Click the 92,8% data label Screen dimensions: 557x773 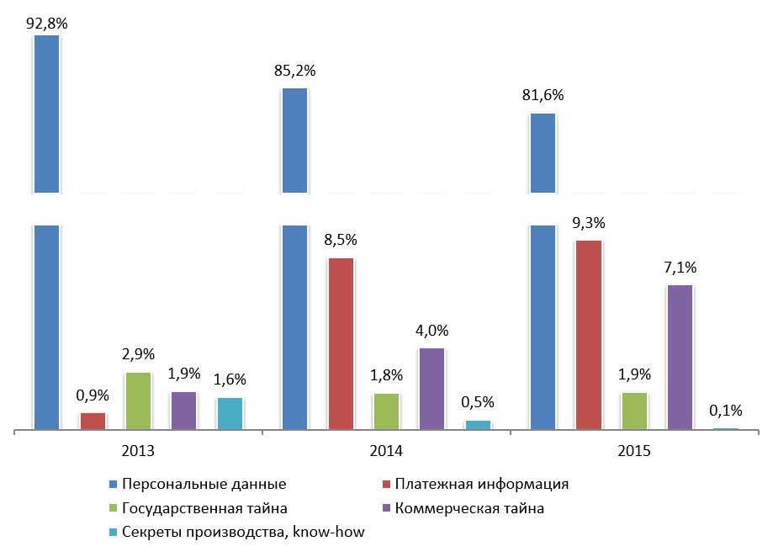(x=46, y=24)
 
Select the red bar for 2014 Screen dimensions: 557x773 (x=341, y=343)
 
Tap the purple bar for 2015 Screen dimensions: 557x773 (x=680, y=357)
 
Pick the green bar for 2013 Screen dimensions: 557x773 (x=138, y=401)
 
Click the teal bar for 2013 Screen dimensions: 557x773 (x=230, y=413)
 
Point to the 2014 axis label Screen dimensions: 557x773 (x=385, y=451)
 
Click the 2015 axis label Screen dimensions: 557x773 (x=633, y=451)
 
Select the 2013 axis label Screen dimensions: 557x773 (x=138, y=451)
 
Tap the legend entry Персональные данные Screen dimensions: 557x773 (x=204, y=485)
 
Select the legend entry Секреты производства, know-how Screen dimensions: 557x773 (x=242, y=532)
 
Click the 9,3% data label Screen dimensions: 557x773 (x=588, y=225)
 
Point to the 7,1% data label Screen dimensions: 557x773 (x=680, y=269)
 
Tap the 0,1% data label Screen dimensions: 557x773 (x=725, y=411)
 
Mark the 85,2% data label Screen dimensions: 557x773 (x=294, y=71)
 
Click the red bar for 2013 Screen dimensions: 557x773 (x=93, y=421)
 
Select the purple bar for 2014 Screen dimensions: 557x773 (x=432, y=389)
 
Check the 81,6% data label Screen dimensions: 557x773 (x=543, y=95)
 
